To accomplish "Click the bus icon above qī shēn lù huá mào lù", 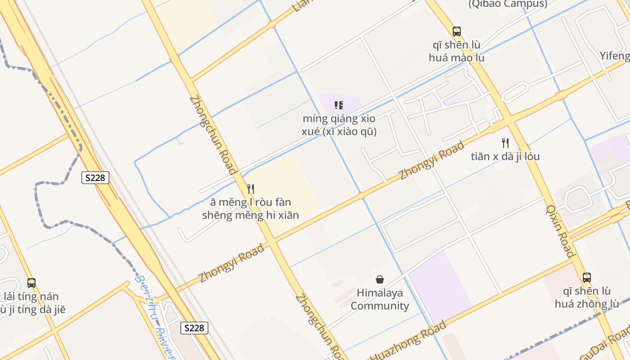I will tap(457, 31).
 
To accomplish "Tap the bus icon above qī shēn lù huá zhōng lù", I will tap(586, 278).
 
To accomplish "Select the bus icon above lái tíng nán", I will tap(31, 283).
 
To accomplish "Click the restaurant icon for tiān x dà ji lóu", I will tap(505, 143).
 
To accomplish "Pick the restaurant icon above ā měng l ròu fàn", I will tap(251, 189).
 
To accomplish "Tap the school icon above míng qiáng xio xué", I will tap(339, 106).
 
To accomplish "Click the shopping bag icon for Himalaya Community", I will tap(380, 279).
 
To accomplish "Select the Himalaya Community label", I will tap(380, 299).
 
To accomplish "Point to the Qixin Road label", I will tap(561, 231).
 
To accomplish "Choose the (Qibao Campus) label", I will tap(508, 4).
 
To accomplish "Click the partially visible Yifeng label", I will tap(615, 56).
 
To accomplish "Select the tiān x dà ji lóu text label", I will tap(505, 157).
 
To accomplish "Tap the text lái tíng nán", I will tap(31, 297).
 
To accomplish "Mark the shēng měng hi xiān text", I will tap(250, 215).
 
